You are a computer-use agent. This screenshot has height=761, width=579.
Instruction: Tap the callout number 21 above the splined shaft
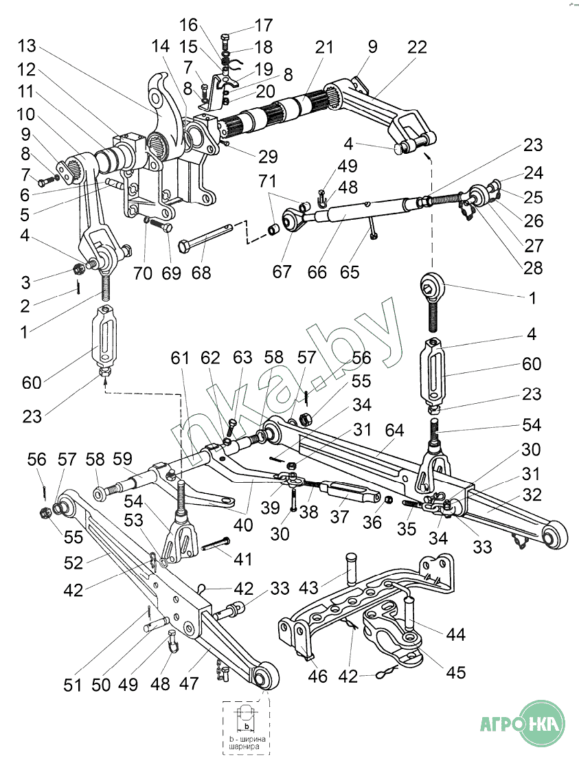pos(323,47)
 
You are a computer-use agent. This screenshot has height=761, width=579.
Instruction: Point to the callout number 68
pos(201,272)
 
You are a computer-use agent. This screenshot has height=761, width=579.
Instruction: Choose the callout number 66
pos(317,272)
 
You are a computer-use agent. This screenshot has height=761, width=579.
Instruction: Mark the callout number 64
pos(394,431)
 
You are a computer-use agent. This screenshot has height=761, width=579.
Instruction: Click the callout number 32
pos(532,495)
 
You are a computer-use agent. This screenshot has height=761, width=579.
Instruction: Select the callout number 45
pos(457,672)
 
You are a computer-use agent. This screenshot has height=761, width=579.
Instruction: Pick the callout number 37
pos(340,517)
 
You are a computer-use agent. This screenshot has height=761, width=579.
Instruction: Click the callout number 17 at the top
pos(263,27)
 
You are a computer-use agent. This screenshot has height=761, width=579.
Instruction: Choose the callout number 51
pos(73,684)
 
